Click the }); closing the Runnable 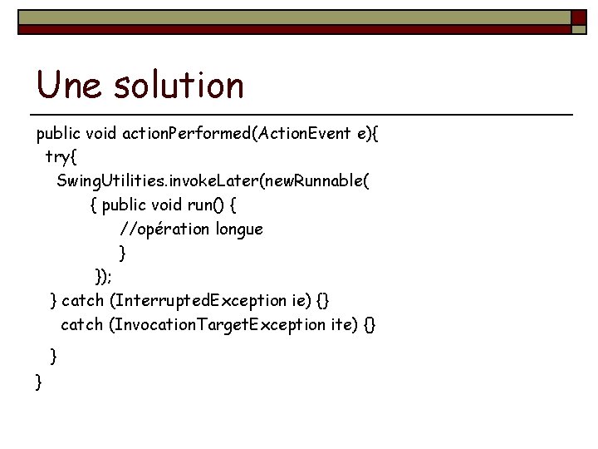104,276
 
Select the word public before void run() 123,205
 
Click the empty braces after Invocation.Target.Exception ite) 370,324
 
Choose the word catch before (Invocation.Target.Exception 82,324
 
